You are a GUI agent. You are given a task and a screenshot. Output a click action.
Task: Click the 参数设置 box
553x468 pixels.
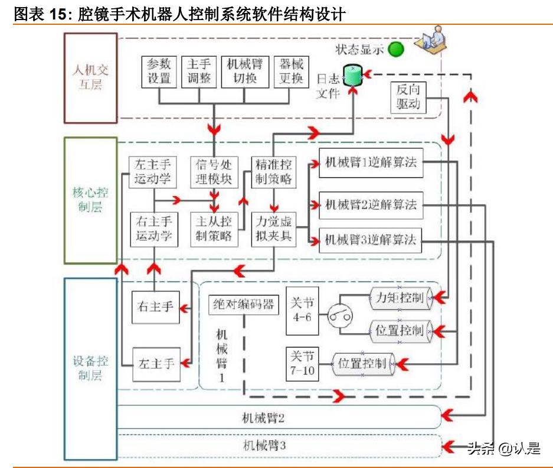click(x=158, y=71)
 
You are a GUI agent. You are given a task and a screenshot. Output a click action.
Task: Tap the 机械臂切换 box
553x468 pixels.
click(x=245, y=71)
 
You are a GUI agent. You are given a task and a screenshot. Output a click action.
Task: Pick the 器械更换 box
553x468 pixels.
click(x=291, y=71)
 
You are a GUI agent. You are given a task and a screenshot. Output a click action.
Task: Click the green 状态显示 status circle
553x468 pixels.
click(x=395, y=50)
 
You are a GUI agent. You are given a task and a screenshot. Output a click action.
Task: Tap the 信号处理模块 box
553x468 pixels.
click(x=214, y=172)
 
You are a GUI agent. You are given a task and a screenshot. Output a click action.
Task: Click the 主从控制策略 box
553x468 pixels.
click(x=214, y=229)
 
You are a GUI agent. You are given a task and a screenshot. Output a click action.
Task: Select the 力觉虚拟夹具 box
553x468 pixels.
click(x=273, y=229)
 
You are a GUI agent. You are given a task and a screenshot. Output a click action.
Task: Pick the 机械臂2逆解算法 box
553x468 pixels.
click(x=371, y=205)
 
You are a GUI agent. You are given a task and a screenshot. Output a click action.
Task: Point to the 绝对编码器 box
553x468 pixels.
click(x=244, y=305)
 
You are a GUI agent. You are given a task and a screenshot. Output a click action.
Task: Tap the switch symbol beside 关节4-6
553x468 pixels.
click(x=340, y=315)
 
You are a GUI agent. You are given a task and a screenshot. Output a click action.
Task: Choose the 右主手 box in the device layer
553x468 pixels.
click(x=155, y=307)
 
